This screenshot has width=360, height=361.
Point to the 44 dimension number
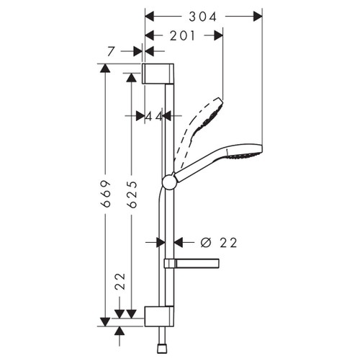tap(153, 115)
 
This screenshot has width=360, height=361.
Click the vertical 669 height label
tap(105, 193)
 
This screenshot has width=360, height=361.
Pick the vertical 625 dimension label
tap(131, 193)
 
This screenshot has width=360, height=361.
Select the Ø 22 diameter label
tap(219, 243)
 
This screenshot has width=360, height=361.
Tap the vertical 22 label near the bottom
tap(120, 281)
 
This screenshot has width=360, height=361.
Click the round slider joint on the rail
tap(169, 182)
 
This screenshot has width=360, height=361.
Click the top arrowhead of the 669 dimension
tap(105, 68)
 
